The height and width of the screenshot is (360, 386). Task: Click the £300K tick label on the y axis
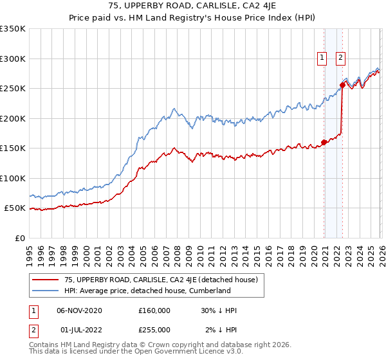pos(12,59)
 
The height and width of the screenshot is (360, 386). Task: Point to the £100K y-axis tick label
pos(12,178)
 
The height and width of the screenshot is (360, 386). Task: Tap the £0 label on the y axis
pos(19,238)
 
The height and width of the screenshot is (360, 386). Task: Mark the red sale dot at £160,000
pos(324,143)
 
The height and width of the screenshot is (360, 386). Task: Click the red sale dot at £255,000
pos(342,85)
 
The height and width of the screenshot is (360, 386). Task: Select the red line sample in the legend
pos(46,280)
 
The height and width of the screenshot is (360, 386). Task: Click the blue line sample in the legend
pos(46,291)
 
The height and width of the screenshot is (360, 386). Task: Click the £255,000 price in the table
pos(154,330)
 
